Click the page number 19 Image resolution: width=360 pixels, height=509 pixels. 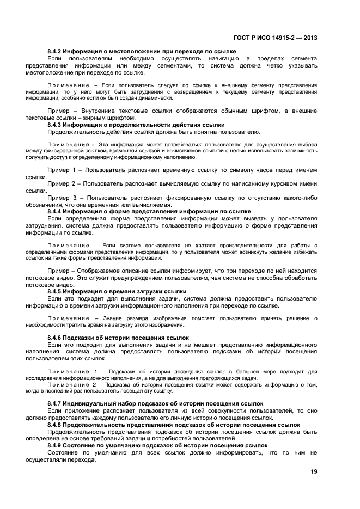coord(313,472)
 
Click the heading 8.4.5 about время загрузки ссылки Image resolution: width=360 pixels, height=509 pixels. coord(117,291)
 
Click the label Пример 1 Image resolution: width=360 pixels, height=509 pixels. coord(64,170)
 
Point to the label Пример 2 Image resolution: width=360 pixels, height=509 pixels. coord(64,184)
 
